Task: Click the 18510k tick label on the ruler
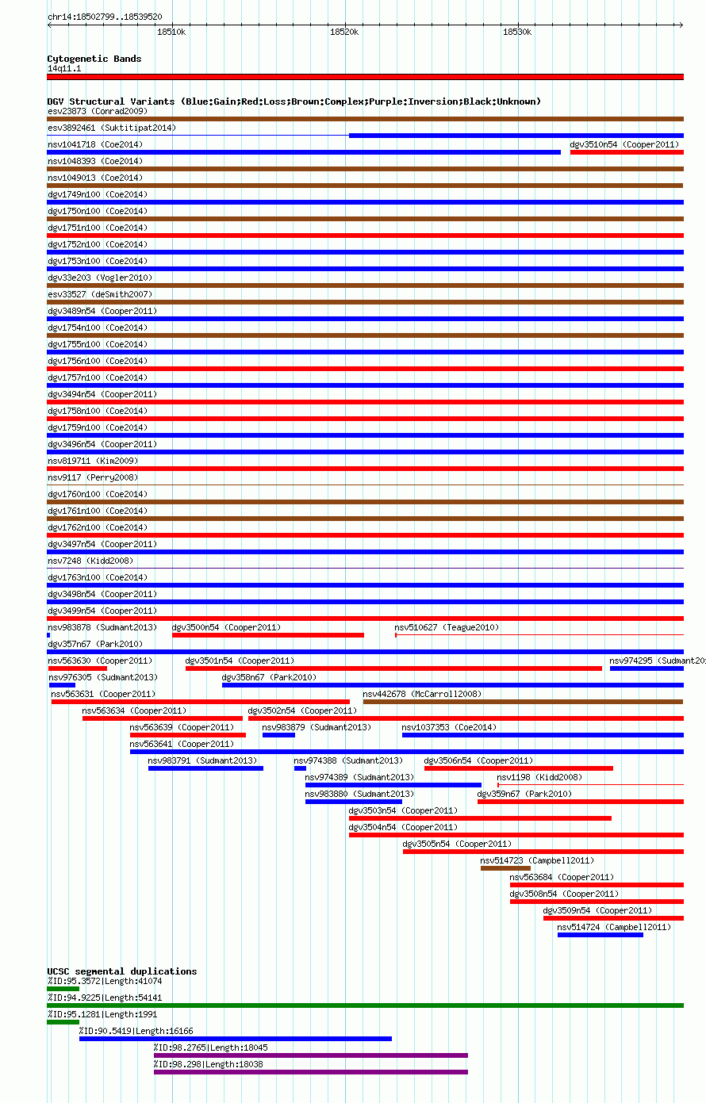(x=171, y=32)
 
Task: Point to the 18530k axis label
(x=517, y=32)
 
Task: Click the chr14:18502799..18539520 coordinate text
(x=105, y=17)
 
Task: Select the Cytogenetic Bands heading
(x=94, y=59)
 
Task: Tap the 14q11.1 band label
(x=64, y=68)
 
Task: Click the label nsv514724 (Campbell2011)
(x=614, y=927)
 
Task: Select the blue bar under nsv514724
(x=600, y=935)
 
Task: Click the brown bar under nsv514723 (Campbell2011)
(x=505, y=868)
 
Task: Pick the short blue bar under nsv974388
(x=300, y=768)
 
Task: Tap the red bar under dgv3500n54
(x=268, y=635)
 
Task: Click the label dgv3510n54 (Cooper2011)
(x=624, y=144)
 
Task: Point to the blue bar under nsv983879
(x=279, y=735)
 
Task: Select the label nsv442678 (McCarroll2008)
(x=422, y=694)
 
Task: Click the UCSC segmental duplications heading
(x=121, y=971)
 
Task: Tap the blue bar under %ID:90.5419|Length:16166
(x=236, y=1039)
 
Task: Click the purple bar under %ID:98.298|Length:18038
(x=311, y=1072)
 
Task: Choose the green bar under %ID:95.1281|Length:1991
(x=63, y=1022)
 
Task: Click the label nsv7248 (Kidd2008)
(x=90, y=561)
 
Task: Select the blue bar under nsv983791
(x=206, y=768)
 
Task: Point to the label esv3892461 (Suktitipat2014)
(x=112, y=128)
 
